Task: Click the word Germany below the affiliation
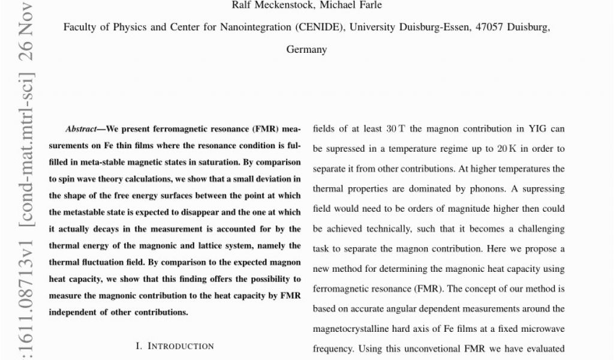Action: click(306, 50)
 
